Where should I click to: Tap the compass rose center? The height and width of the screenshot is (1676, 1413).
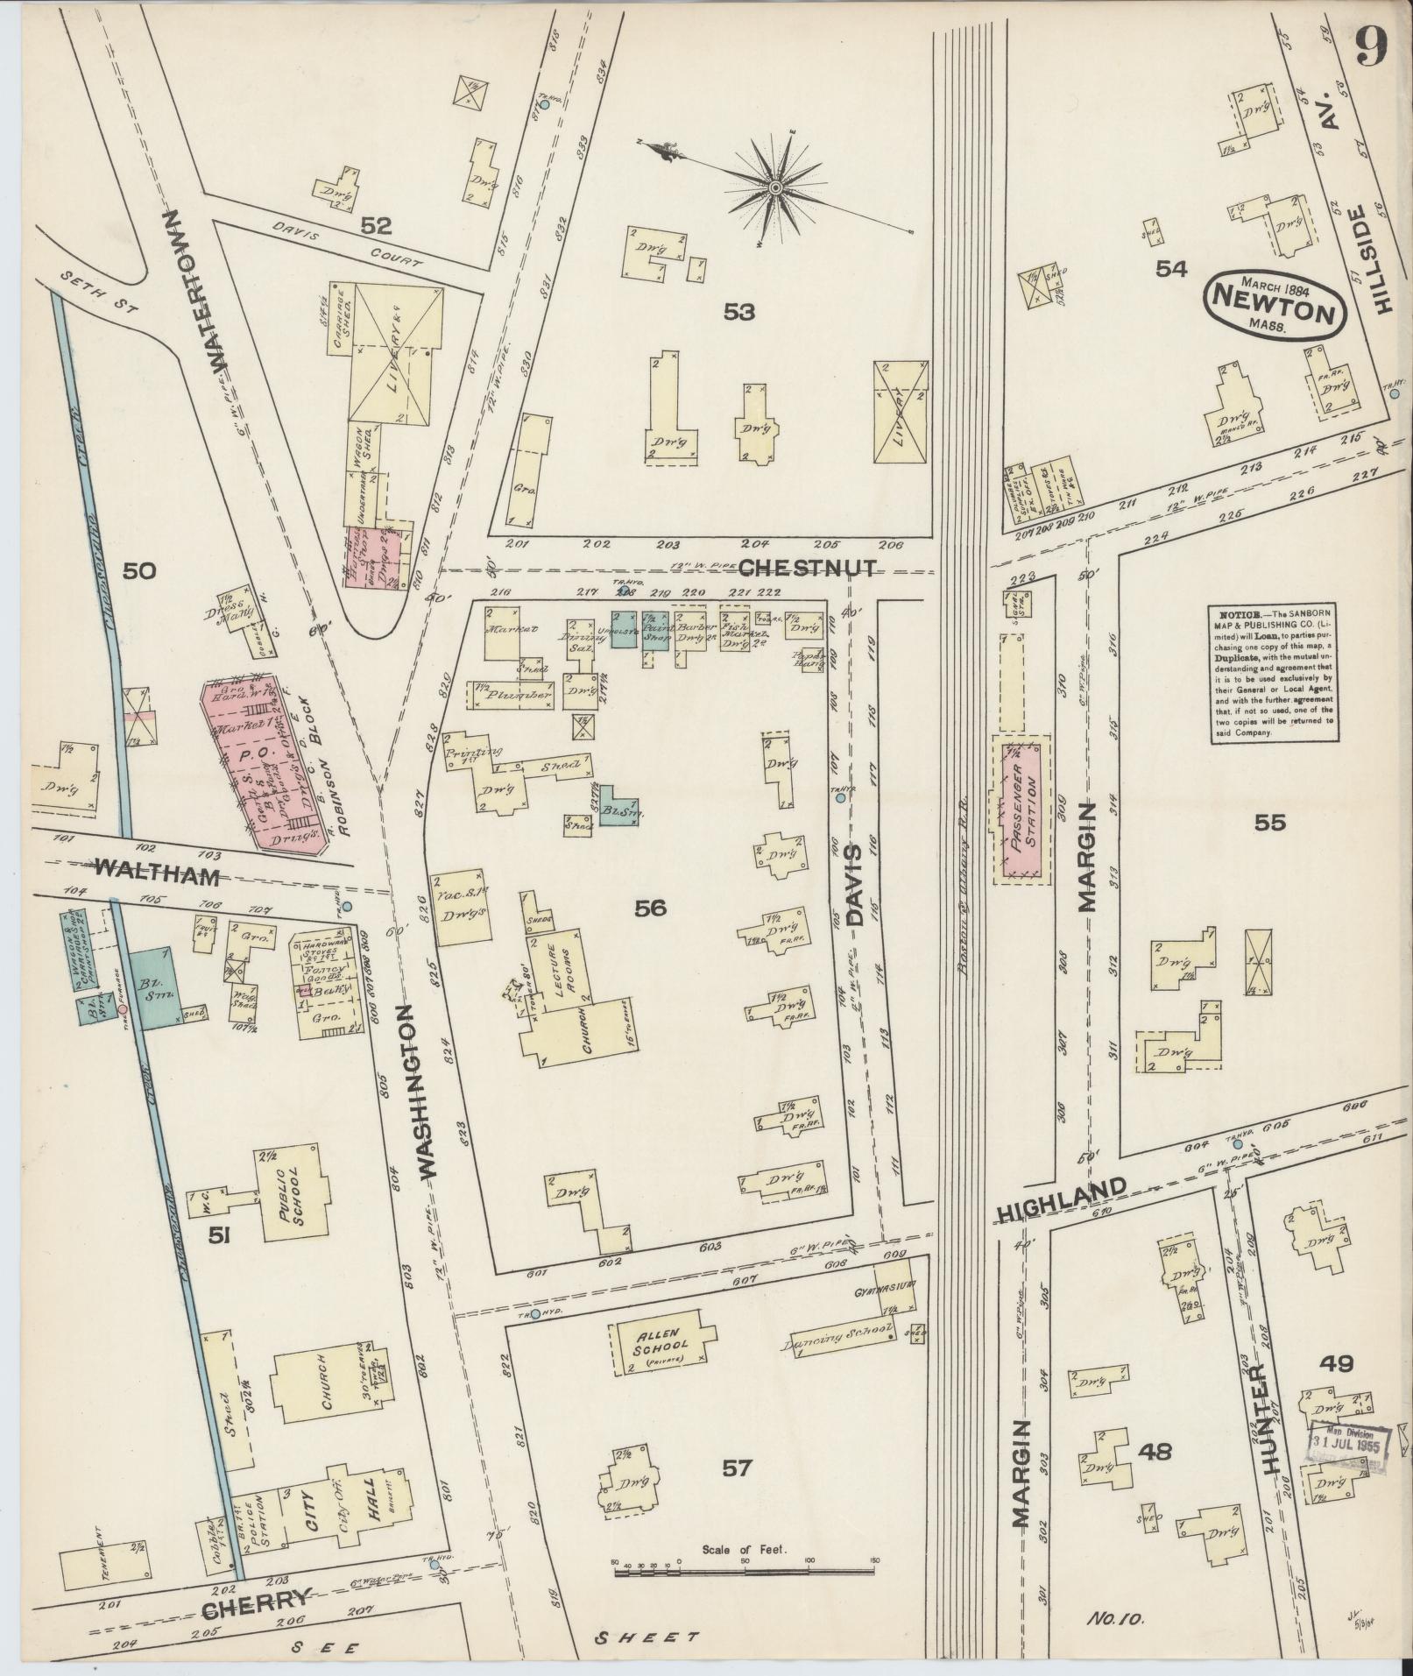(x=775, y=188)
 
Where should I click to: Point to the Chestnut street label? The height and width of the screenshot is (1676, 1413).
(x=807, y=568)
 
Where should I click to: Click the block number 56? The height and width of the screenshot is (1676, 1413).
(x=651, y=908)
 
